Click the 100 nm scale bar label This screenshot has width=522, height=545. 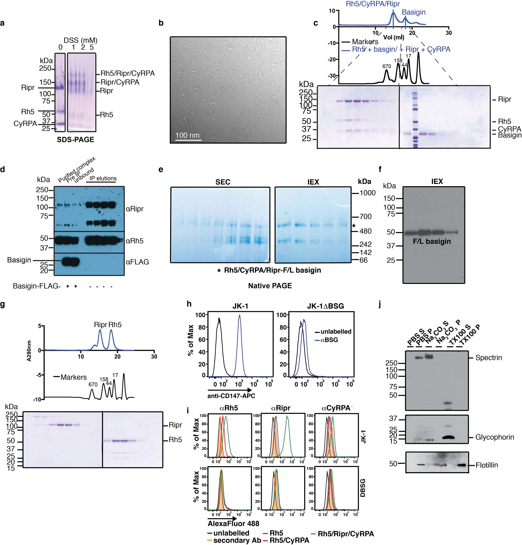tap(187, 135)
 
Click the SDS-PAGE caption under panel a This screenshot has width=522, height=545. tap(75, 139)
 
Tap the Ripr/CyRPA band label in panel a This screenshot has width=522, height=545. tap(120, 82)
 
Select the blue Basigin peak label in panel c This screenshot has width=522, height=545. tap(413, 12)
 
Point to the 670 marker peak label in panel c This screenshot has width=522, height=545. tap(387, 66)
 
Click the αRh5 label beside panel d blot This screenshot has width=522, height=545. tap(134, 241)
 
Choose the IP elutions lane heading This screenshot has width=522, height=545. tap(103, 178)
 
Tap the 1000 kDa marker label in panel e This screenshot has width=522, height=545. tap(367, 193)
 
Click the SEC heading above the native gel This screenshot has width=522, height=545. tap(223, 182)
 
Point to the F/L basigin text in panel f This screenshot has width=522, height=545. tap(432, 241)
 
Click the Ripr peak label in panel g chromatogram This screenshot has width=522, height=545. tap(100, 325)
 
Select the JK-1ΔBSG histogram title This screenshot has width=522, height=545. tap(325, 306)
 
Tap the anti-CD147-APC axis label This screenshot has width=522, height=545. tap(231, 396)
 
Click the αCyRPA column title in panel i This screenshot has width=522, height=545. tap(336, 408)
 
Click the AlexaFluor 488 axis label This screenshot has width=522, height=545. tap(233, 524)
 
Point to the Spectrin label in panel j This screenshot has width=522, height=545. tap(488, 358)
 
